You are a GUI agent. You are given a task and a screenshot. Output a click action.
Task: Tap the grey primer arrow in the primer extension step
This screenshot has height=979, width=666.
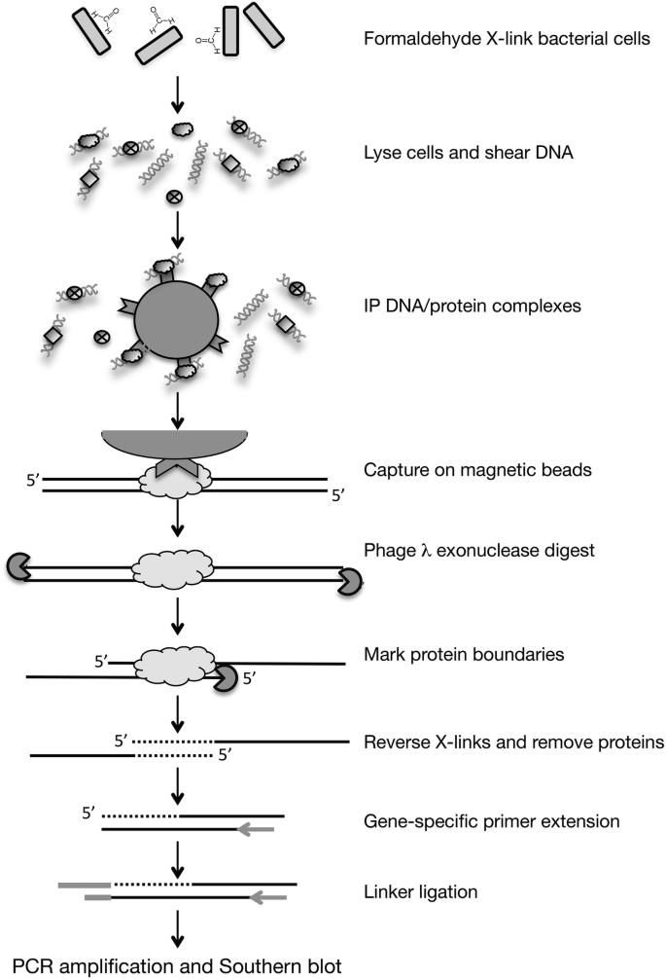tap(255, 829)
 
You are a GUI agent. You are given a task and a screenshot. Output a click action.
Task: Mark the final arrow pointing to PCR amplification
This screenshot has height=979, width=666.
tap(177, 928)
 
